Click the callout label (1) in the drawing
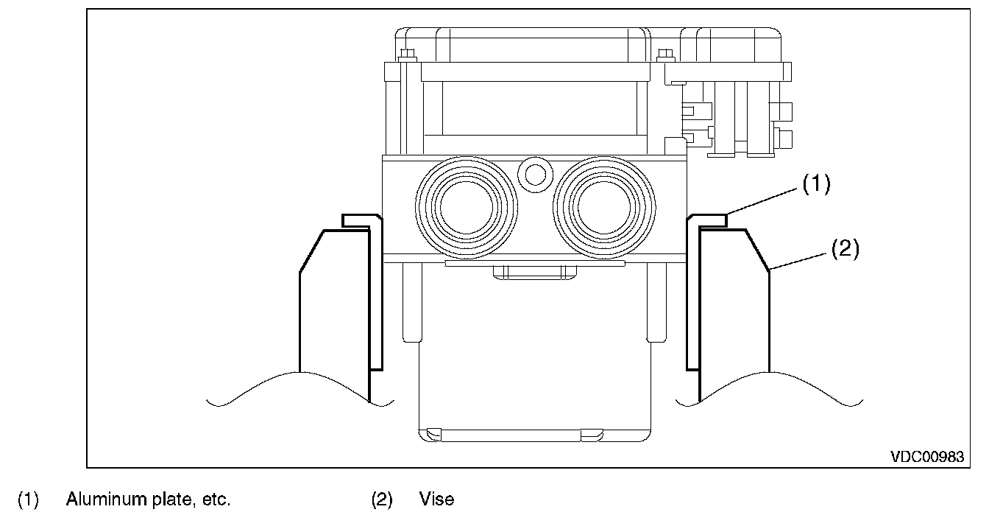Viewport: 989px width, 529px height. tap(815, 185)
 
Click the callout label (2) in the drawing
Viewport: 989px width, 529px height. tap(845, 249)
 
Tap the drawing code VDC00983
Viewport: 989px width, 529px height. tap(926, 457)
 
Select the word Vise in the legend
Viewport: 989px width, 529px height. tap(436, 500)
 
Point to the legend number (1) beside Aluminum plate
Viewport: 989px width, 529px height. tap(27, 500)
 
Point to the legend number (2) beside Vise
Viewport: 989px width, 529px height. tap(381, 500)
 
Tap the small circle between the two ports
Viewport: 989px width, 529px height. tap(534, 174)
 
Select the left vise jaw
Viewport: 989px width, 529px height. tap(333, 309)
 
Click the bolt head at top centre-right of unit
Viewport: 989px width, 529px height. tap(666, 55)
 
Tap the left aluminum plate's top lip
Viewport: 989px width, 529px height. tap(361, 220)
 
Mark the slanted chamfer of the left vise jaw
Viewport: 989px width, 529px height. tap(311, 251)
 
